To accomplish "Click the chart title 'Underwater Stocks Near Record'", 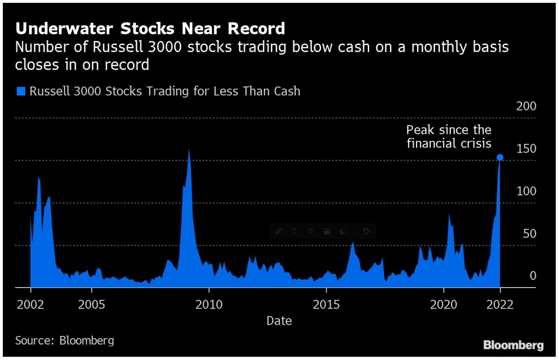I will (150, 29).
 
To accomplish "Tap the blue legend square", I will (21, 91).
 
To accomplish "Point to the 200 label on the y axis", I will (526, 106).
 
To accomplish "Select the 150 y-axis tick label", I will (526, 149).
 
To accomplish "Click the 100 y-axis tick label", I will (526, 191).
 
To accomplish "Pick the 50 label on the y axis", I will (529, 234).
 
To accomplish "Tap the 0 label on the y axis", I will (533, 276).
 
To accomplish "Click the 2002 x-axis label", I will (30, 305).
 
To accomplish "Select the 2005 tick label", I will (91, 305).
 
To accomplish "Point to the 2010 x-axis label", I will (209, 305).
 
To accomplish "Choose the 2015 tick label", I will (326, 305).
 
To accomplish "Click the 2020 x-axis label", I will (444, 305).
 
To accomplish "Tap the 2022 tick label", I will (500, 305).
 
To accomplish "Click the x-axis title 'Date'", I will (279, 321).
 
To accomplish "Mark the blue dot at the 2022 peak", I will (500, 157).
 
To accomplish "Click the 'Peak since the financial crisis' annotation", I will (448, 137).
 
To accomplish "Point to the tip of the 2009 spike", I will (189, 148).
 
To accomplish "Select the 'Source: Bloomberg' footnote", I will (64, 341).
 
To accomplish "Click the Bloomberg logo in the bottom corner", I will (513, 345).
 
